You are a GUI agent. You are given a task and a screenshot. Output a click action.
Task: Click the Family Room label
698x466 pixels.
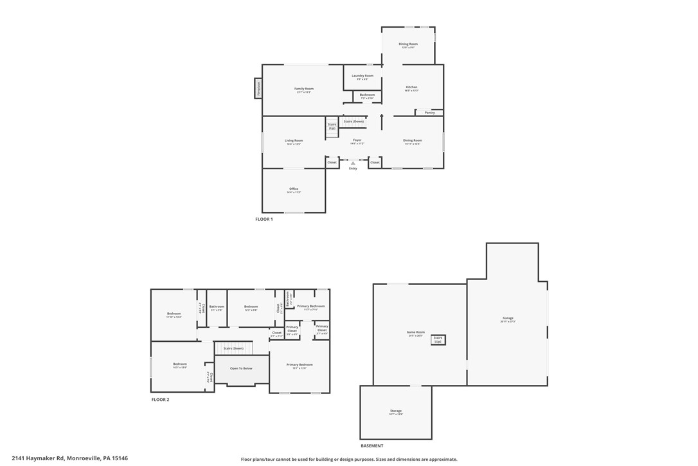coord(304,89)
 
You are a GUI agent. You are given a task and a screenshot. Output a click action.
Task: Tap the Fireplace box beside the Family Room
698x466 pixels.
coord(258,88)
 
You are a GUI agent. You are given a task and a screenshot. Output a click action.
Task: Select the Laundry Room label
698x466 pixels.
coord(362,75)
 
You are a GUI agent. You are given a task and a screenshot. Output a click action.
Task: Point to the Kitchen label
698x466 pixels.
coord(411,87)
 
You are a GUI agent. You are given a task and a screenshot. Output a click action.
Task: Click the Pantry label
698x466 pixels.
coord(430,113)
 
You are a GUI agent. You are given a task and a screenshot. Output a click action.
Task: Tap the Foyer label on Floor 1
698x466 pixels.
coord(357,140)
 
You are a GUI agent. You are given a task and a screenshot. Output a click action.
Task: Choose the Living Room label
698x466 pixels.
coord(294,140)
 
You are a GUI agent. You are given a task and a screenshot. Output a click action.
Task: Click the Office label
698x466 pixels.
coord(294,189)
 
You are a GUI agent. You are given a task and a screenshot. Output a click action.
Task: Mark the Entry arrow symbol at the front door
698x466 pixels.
coord(353,163)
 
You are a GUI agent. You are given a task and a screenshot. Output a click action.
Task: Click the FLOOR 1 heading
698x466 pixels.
coord(264,219)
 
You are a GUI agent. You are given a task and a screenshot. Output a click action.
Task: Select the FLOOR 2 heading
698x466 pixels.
coord(160,400)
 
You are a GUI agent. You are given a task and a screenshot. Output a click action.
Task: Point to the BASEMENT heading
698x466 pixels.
coord(371,445)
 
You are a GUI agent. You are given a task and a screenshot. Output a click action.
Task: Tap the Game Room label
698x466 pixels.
coord(416,332)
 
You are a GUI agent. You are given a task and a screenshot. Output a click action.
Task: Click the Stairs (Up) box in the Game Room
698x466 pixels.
coord(438,339)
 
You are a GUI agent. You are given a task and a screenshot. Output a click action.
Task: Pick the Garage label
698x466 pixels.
coord(508,318)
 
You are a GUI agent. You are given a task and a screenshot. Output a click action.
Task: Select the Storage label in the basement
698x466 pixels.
coord(396,411)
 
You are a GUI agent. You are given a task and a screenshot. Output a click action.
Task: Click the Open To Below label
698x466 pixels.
coord(241,368)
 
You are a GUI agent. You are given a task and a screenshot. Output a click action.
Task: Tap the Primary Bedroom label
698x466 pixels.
coord(300,364)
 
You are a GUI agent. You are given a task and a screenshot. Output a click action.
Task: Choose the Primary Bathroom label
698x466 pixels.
coord(311,306)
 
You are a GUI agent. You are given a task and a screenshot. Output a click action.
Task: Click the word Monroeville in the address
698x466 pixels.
coord(84,458)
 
